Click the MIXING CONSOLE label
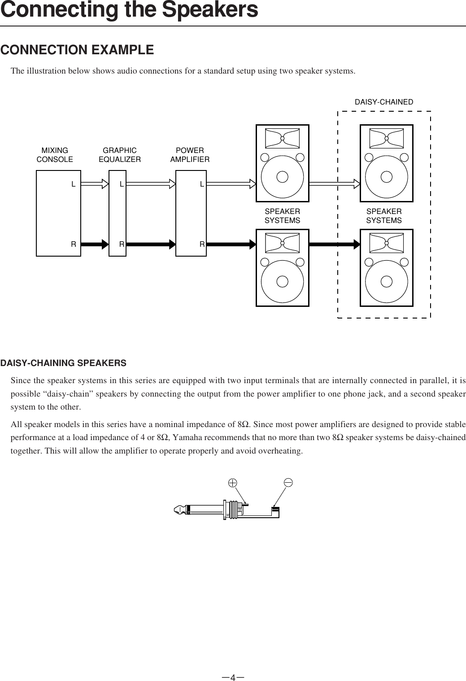[x=54, y=155]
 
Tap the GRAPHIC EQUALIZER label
[x=119, y=155]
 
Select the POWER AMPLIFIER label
[x=190, y=155]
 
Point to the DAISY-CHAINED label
[x=384, y=102]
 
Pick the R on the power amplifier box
[x=202, y=244]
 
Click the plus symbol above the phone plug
[x=232, y=483]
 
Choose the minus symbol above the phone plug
[x=288, y=483]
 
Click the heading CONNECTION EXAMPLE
[x=77, y=50]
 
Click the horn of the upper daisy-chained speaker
[x=387, y=138]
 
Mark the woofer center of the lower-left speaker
[x=282, y=281]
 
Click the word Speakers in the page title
[x=210, y=10]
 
